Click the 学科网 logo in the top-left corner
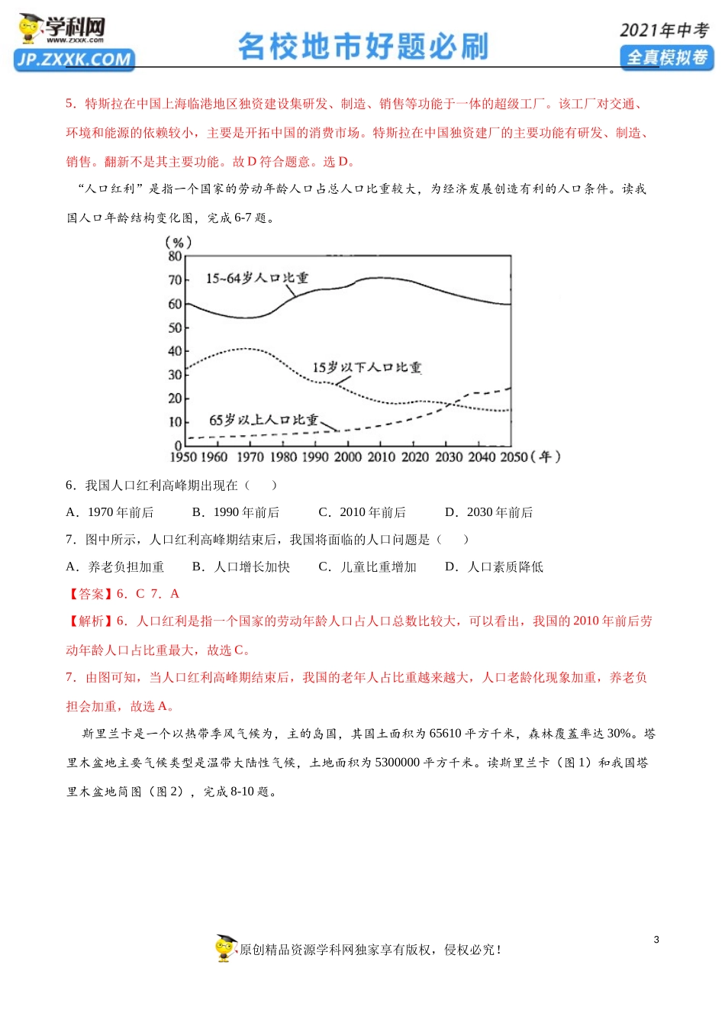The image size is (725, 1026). click(x=61, y=30)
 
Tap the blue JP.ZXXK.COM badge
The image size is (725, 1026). click(x=74, y=60)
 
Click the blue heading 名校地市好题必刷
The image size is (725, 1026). click(x=362, y=47)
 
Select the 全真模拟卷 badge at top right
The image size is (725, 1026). click(x=666, y=57)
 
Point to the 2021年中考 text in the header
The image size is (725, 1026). click(x=663, y=31)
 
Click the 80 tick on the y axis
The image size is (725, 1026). click(x=176, y=256)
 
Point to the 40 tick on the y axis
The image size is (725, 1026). click(x=176, y=351)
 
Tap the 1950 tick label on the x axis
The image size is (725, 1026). click(x=183, y=457)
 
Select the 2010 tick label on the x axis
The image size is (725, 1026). click(x=381, y=457)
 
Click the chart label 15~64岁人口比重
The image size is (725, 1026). click(x=257, y=278)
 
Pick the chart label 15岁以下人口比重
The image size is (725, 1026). click(x=366, y=367)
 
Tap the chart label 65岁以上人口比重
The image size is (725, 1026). click(x=263, y=420)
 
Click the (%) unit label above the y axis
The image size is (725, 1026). click(x=178, y=242)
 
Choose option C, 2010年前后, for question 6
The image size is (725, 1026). click(x=362, y=512)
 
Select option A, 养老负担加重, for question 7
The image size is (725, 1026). click(x=115, y=566)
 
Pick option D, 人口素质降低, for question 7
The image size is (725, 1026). click(x=495, y=566)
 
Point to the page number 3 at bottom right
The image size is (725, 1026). click(x=656, y=940)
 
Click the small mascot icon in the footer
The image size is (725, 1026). click(x=225, y=948)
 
